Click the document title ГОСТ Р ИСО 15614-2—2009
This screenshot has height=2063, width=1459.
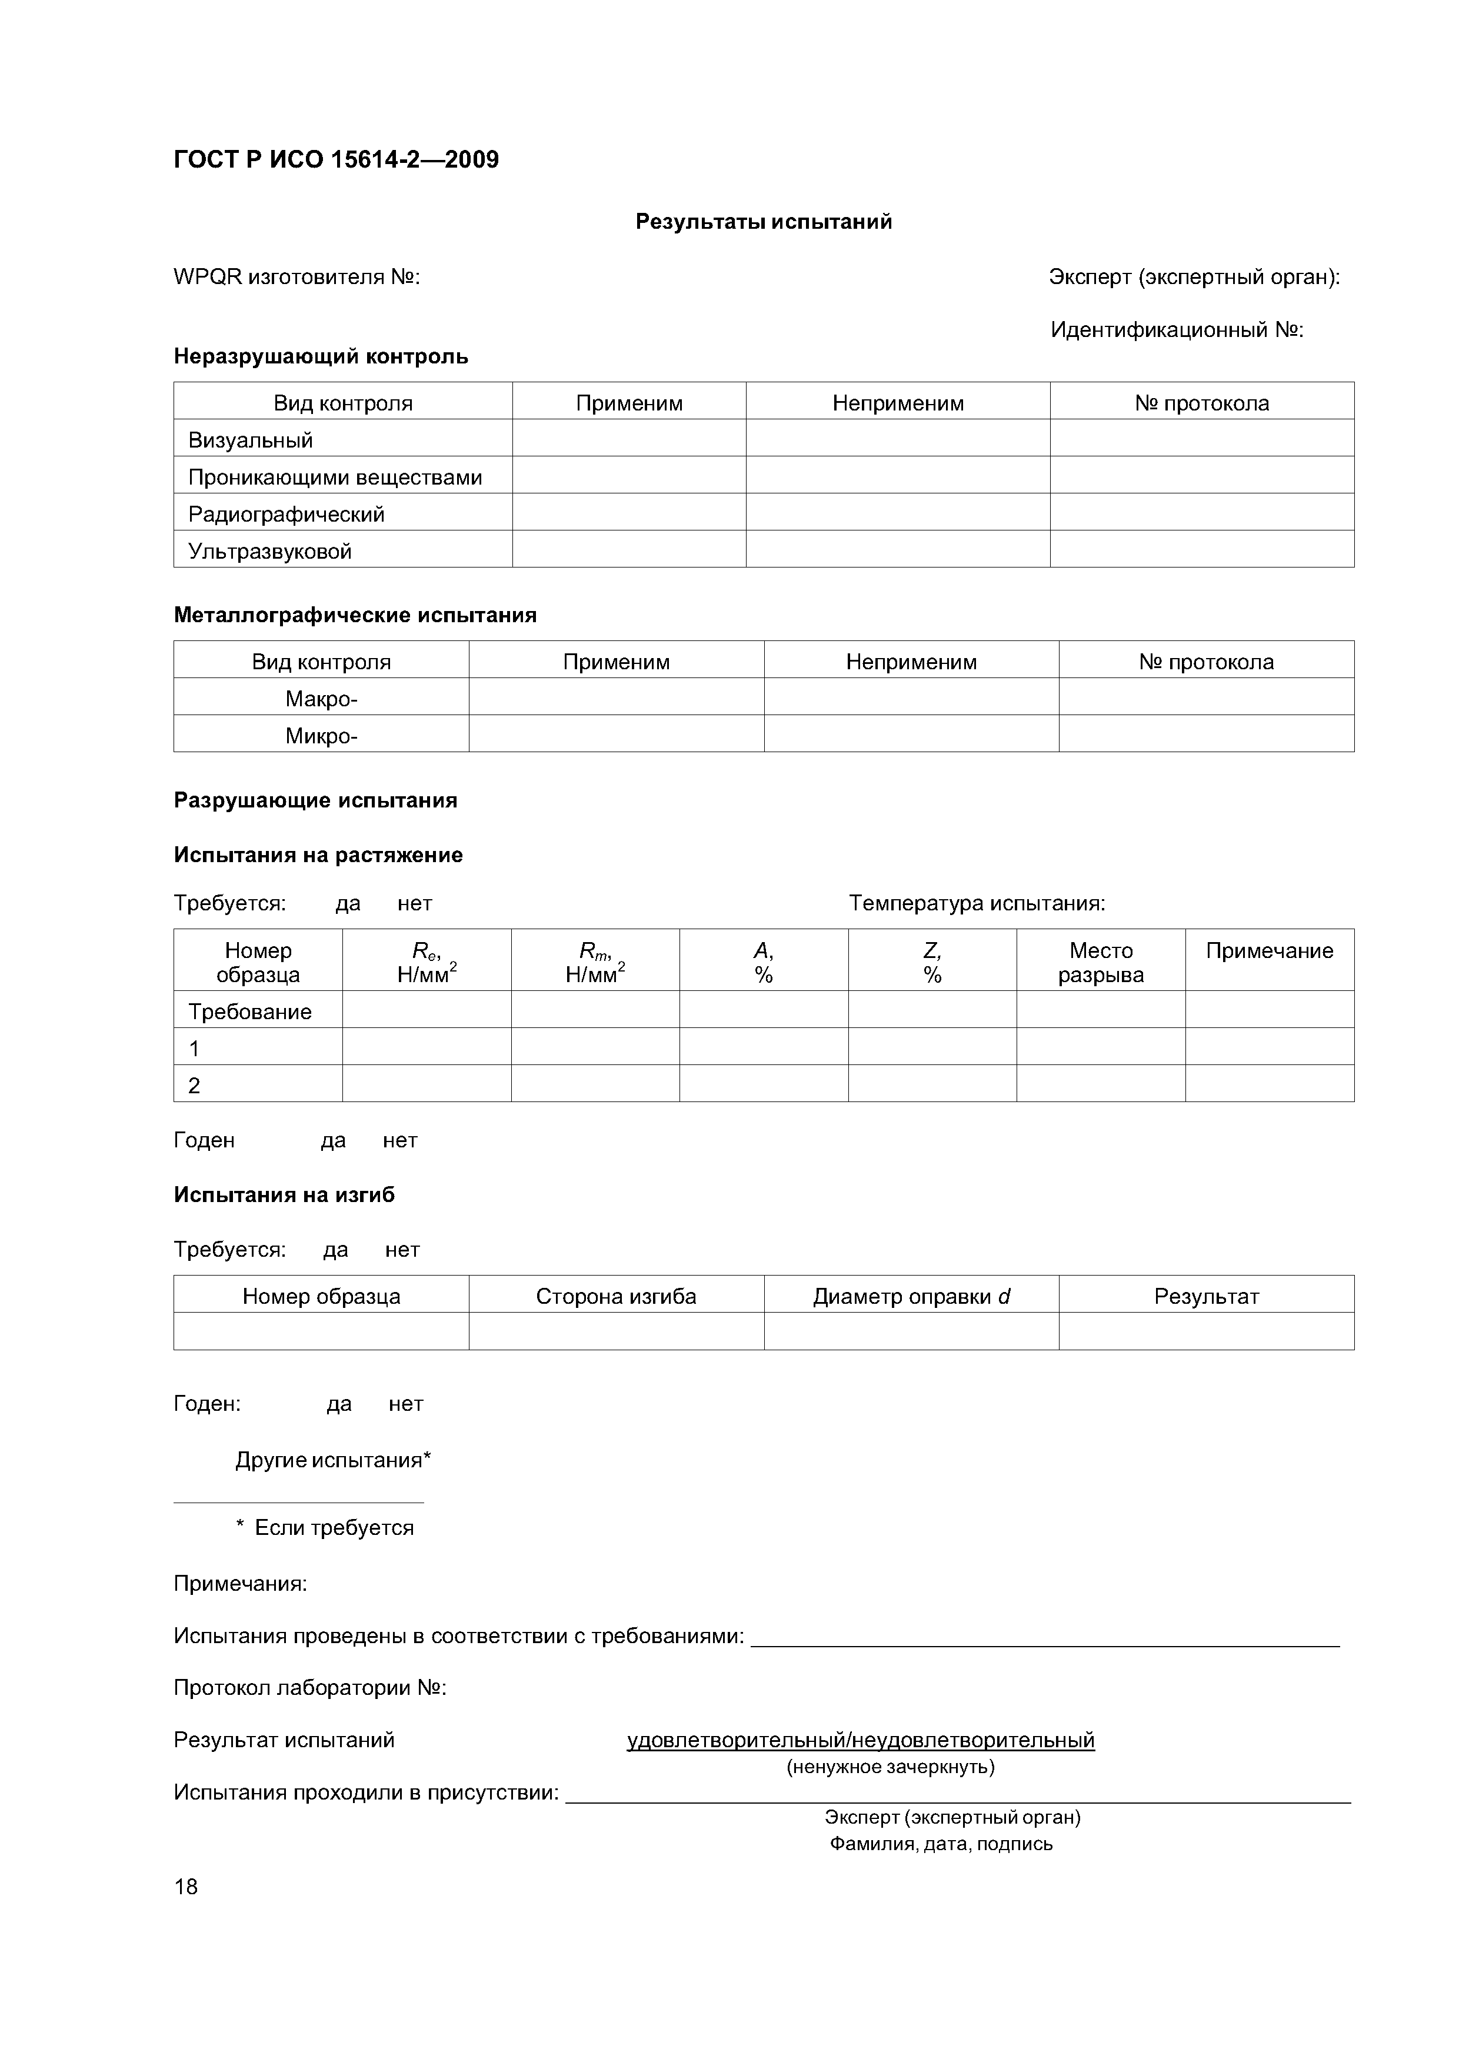[335, 160]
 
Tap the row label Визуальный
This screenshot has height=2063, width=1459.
[251, 440]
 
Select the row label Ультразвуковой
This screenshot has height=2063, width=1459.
[269, 551]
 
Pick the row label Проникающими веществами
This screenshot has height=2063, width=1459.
[334, 477]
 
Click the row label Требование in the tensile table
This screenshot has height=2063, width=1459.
[250, 1012]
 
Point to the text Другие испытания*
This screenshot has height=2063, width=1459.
[332, 1460]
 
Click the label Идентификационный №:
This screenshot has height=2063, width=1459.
[1176, 330]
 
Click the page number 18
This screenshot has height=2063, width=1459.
[186, 1887]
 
